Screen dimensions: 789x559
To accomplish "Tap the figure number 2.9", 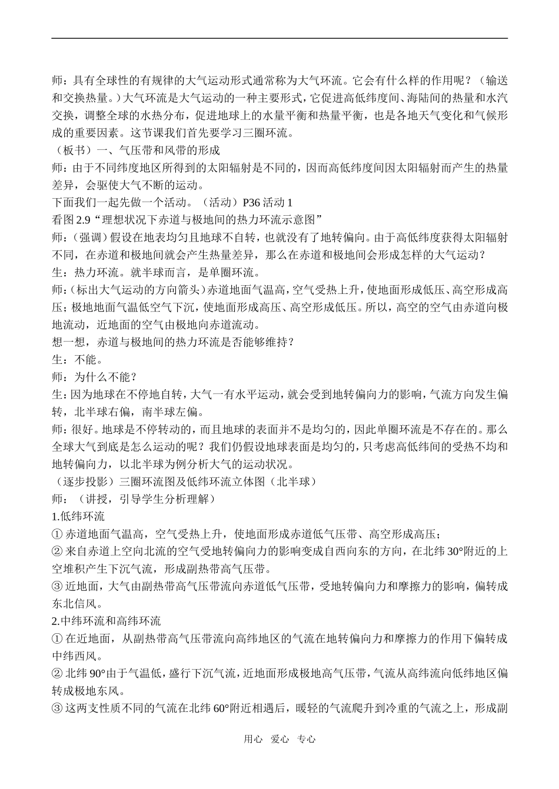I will (88, 220).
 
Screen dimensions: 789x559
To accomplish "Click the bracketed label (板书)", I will (69, 151).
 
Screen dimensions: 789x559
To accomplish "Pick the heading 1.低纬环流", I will (78, 517).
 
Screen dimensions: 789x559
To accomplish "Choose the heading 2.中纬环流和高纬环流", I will (106, 621).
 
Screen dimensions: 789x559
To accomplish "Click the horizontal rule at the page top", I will (279, 39).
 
